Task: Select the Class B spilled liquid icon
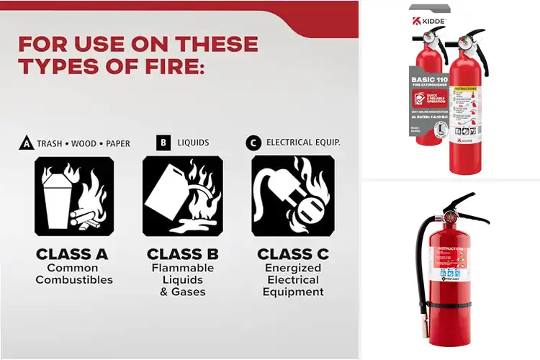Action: click(182, 197)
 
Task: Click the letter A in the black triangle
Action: click(26, 143)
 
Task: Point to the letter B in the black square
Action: click(163, 143)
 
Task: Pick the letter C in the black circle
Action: click(253, 143)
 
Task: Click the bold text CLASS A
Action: click(72, 254)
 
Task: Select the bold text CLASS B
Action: click(183, 254)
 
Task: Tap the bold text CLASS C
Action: click(293, 254)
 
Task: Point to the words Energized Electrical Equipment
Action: click(293, 280)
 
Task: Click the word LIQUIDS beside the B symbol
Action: click(193, 143)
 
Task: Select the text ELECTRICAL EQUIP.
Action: click(303, 143)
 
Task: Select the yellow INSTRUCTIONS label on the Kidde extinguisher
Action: click(467, 90)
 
